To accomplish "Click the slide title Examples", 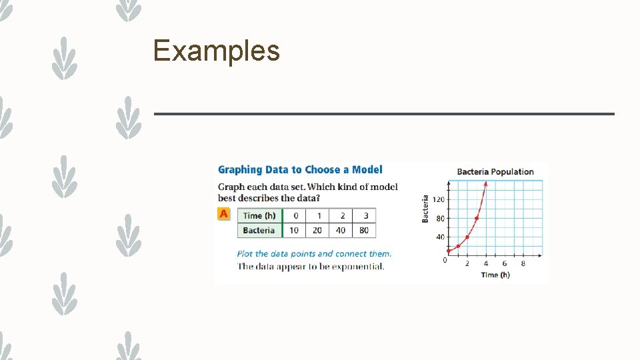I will (x=216, y=51).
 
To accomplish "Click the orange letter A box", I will (x=224, y=214).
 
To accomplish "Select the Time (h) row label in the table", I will (x=259, y=215).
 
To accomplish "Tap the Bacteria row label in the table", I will (x=259, y=231).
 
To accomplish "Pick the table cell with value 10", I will (x=294, y=231).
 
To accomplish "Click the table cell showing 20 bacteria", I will (x=318, y=231).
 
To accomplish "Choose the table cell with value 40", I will (x=341, y=231).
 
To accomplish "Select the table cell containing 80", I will (x=365, y=231).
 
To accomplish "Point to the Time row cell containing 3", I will (x=365, y=215).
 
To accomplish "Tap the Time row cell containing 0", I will (x=295, y=215).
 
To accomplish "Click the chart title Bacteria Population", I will (x=495, y=172).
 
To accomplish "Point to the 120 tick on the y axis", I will (x=439, y=200).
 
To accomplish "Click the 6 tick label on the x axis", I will (x=504, y=263).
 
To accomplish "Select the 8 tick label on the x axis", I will (x=523, y=263).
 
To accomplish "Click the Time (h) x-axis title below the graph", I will (x=495, y=275).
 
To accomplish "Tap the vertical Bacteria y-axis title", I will (x=425, y=209).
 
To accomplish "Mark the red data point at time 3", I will (x=477, y=219).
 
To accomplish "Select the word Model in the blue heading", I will (x=367, y=170).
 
